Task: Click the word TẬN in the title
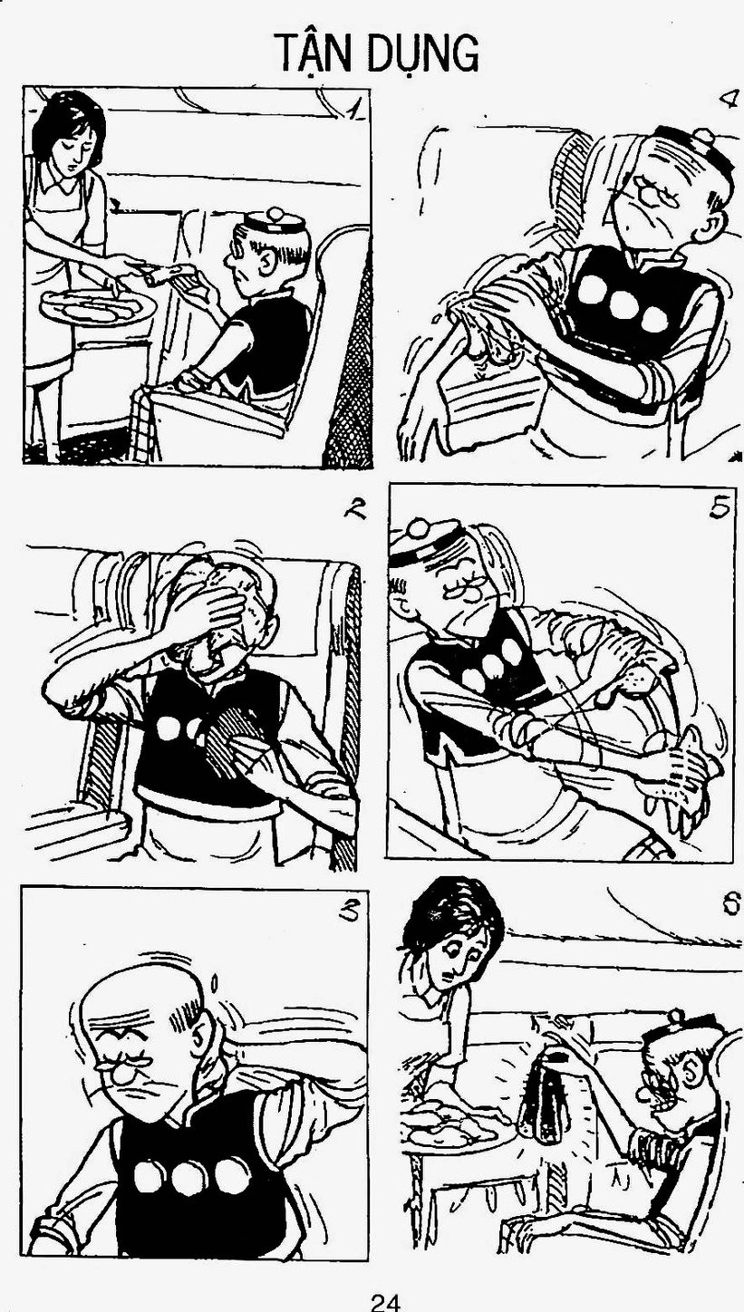click(319, 53)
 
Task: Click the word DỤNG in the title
click(427, 53)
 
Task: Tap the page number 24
click(386, 1302)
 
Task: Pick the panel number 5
click(720, 508)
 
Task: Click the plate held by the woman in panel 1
click(99, 305)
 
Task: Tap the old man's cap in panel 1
click(273, 220)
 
